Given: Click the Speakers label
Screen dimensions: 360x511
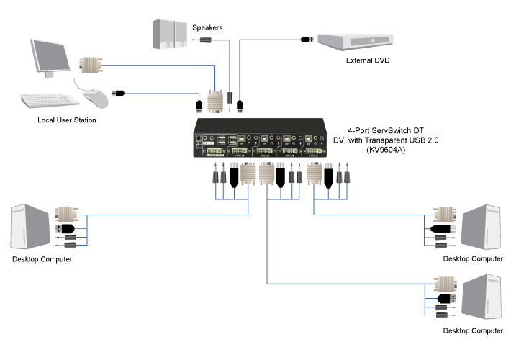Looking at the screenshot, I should [x=207, y=27].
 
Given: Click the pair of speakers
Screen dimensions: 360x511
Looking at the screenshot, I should [x=169, y=35].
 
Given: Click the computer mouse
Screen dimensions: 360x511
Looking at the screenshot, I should [x=91, y=94].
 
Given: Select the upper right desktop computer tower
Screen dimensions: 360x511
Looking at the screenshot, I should [x=481, y=228].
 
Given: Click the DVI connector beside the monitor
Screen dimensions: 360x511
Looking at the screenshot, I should [x=90, y=66].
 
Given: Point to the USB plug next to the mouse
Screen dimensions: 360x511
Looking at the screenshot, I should [x=120, y=93].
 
